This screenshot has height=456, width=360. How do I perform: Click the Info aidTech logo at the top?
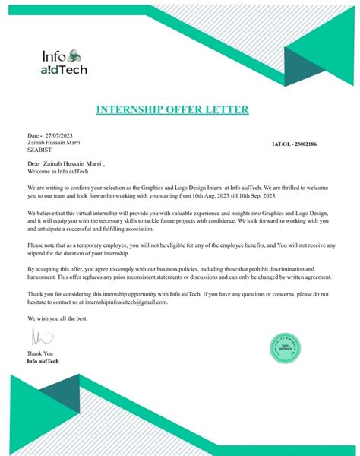click(x=65, y=61)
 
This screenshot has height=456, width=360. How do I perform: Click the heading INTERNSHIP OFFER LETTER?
click(x=172, y=110)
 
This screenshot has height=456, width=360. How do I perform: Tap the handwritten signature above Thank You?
click(x=33, y=337)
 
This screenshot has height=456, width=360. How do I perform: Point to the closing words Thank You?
click(x=40, y=354)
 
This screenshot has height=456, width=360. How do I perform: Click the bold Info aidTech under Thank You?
click(x=43, y=361)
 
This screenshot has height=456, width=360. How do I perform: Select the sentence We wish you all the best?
click(x=58, y=318)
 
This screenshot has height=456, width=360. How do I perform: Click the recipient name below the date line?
click(x=53, y=142)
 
